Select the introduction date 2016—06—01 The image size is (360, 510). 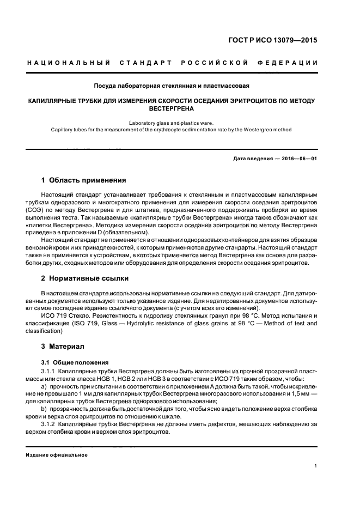[297, 158]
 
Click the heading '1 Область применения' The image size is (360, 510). [84, 180]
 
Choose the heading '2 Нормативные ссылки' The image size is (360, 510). [86, 278]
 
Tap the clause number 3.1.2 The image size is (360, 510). [49, 423]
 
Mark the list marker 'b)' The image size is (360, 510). [44, 408]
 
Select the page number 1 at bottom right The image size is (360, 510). [315, 466]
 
